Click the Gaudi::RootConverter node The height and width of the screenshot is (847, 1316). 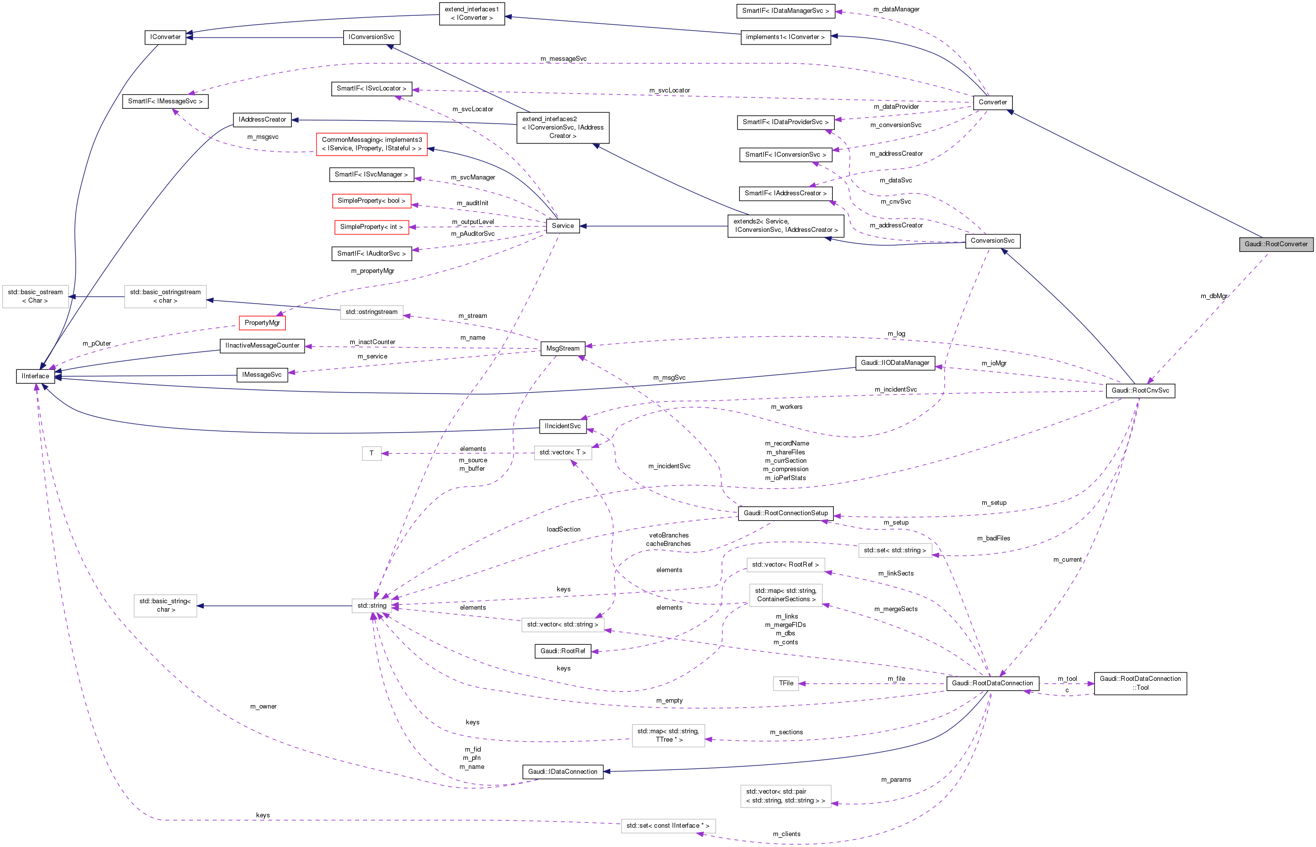pos(1276,244)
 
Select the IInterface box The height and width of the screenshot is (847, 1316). pos(35,376)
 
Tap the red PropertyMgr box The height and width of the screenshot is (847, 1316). pos(262,323)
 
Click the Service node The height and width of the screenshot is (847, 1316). pos(563,226)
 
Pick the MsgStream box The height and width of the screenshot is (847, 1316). pos(563,349)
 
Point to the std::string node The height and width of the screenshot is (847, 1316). pos(372,606)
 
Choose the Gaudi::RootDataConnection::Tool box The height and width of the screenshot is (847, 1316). pos(1140,683)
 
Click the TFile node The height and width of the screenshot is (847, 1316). pos(786,683)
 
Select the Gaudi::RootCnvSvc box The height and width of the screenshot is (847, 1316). pos(1140,391)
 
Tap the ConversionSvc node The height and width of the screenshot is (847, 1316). pos(992,241)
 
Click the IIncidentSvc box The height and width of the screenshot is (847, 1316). pos(563,426)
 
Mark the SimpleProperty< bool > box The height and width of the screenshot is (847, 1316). pos(371,201)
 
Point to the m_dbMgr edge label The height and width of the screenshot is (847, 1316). pos(1214,296)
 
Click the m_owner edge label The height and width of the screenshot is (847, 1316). pos(264,707)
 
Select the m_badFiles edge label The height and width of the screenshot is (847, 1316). pos(993,538)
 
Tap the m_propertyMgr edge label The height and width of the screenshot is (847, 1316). pos(372,271)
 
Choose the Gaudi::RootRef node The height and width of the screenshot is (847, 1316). pos(563,651)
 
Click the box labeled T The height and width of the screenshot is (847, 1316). pos(372,453)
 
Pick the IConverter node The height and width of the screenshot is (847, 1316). pos(165,38)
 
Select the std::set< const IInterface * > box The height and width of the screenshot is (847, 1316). pos(668,826)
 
